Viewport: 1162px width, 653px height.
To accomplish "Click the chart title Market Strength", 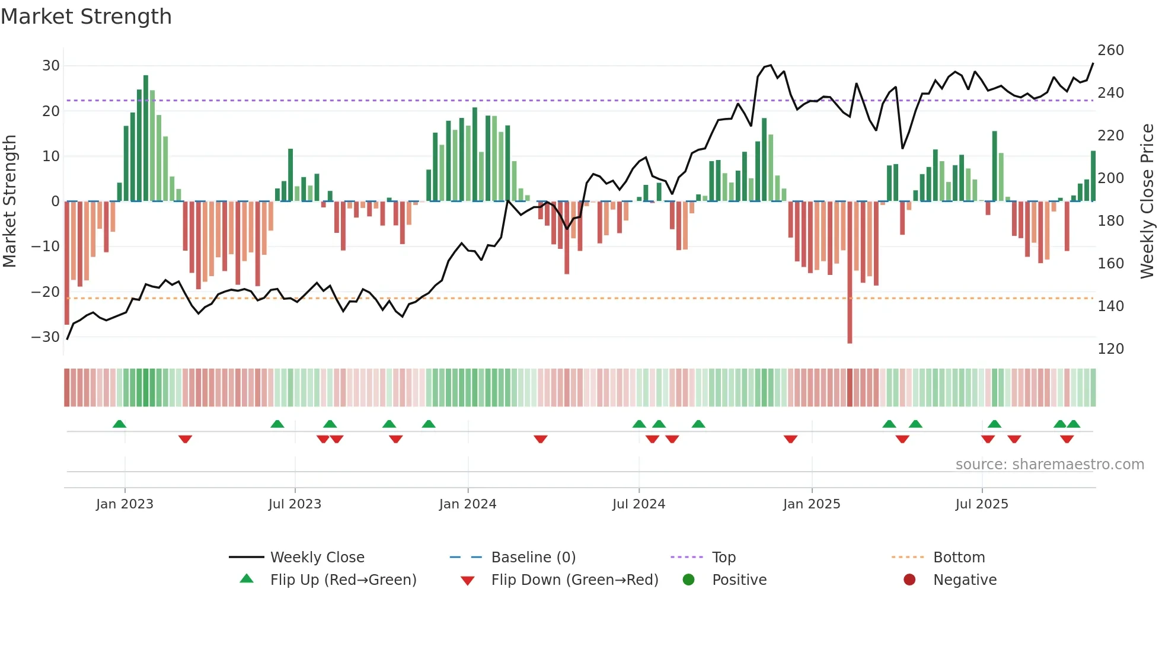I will pyautogui.click(x=87, y=17).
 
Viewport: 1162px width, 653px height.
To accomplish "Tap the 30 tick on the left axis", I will pyautogui.click(x=51, y=66).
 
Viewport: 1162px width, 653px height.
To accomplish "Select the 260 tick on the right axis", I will pyautogui.click(x=1110, y=50).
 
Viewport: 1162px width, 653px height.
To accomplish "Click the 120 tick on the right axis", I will pyautogui.click(x=1110, y=349).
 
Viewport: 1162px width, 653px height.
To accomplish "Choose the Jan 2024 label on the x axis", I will pyautogui.click(x=468, y=504).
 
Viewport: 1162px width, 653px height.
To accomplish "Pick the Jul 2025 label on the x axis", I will pyautogui.click(x=981, y=504).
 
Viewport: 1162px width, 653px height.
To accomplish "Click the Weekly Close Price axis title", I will pyautogui.click(x=1147, y=201).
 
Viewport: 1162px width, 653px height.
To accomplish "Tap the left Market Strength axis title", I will pyautogui.click(x=10, y=201).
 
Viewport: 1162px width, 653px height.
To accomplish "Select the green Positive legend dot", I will pyautogui.click(x=688, y=580).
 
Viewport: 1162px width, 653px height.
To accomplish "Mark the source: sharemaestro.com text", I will pyautogui.click(x=1049, y=465).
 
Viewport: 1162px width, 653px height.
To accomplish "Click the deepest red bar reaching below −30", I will pyautogui.click(x=850, y=273).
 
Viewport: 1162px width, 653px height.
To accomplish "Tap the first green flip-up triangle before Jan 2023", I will pyautogui.click(x=119, y=424).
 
